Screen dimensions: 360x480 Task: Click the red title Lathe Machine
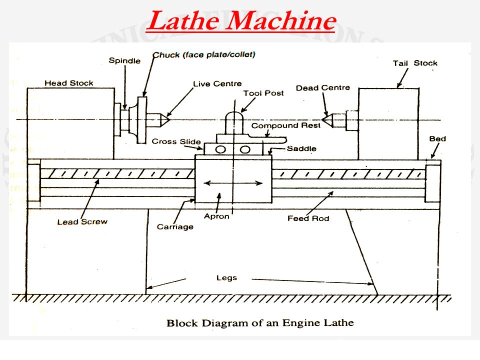[x=240, y=21]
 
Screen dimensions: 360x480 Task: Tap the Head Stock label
[x=69, y=83]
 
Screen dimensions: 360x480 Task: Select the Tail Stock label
[x=415, y=63]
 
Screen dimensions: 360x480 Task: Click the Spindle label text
[x=124, y=60]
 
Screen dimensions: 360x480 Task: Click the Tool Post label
[x=263, y=93]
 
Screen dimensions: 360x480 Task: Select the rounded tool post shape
[x=233, y=122]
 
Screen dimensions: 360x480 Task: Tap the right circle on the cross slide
[x=244, y=149]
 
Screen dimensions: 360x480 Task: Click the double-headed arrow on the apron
[x=233, y=183]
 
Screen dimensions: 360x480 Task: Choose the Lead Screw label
[x=82, y=221]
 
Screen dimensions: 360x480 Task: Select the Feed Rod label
[x=308, y=218]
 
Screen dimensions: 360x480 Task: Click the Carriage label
[x=175, y=226]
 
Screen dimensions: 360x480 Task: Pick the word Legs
[x=226, y=277]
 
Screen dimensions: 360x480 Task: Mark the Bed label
[x=437, y=138]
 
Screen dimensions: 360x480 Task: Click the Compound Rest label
[x=285, y=125]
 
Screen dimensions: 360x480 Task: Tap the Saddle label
[x=301, y=148]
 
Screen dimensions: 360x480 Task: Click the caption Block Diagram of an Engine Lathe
[x=259, y=323]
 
